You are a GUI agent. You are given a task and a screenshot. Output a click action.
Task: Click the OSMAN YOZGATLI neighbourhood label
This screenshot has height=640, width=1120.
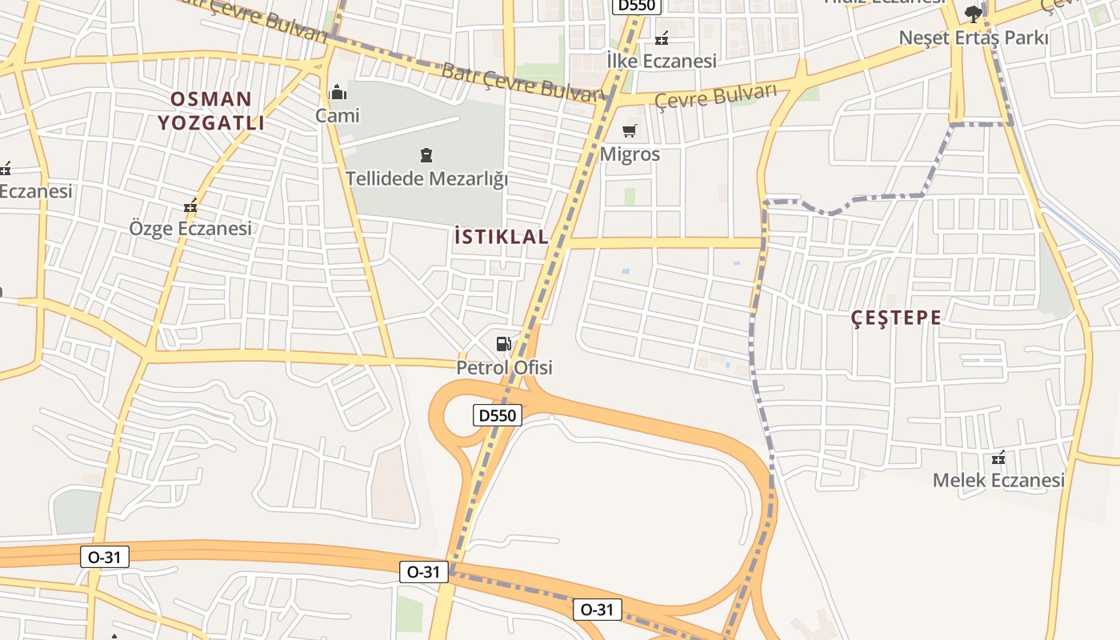click(x=210, y=110)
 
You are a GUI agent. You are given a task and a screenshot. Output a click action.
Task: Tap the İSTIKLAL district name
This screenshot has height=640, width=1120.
click(x=501, y=237)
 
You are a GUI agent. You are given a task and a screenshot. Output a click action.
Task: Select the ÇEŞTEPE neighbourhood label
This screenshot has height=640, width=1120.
click(x=896, y=318)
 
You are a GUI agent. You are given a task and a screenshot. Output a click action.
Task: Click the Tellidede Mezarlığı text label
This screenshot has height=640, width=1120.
click(x=426, y=178)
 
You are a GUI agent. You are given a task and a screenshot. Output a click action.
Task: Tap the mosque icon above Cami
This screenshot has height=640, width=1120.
click(x=338, y=92)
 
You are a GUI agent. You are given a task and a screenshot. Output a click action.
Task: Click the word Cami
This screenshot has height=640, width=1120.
click(x=338, y=116)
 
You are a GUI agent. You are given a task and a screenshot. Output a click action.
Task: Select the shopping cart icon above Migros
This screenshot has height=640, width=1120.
click(x=630, y=130)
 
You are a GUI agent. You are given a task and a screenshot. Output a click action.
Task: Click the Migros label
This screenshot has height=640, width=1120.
click(x=630, y=154)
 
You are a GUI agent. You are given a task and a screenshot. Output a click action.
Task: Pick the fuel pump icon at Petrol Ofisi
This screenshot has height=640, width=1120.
click(x=504, y=344)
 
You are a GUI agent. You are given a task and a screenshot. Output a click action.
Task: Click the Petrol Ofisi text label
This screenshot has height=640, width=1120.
click(x=504, y=368)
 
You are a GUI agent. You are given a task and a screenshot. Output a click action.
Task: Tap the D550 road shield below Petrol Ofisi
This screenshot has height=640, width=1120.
click(x=498, y=415)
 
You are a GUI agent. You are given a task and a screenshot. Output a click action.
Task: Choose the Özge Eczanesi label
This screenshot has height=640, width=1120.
click(x=190, y=229)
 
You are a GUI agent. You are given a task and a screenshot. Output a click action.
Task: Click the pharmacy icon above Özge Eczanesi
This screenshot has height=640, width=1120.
click(x=190, y=206)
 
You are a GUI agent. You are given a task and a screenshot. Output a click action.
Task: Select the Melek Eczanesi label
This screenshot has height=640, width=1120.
click(x=998, y=480)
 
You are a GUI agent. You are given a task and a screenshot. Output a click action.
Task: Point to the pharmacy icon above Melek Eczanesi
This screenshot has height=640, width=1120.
click(x=998, y=458)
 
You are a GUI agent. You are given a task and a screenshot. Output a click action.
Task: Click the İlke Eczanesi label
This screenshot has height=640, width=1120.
click(x=661, y=61)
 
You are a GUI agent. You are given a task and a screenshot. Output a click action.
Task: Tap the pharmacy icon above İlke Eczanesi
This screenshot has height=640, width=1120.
click(x=662, y=38)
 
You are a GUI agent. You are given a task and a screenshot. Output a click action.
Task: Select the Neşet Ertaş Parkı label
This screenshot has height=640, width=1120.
click(x=973, y=38)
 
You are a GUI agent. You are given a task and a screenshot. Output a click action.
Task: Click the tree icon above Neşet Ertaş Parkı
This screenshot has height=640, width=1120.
click(x=973, y=14)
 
